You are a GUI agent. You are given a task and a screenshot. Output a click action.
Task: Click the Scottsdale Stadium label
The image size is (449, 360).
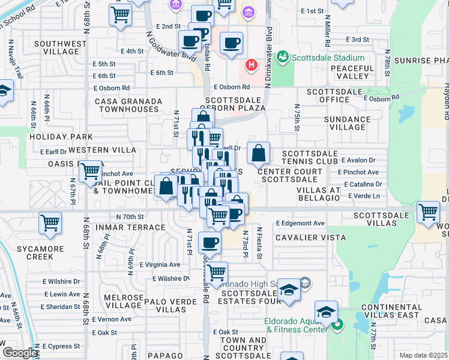[x=328, y=58]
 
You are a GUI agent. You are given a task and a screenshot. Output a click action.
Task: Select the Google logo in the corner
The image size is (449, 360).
[x=20, y=353]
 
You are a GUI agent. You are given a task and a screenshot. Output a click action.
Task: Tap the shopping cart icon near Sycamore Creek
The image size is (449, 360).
[x=50, y=223]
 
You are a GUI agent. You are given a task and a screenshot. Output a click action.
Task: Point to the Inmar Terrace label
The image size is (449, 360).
[x=137, y=227]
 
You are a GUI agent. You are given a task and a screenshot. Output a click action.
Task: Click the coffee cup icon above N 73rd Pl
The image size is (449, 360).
[x=209, y=242]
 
